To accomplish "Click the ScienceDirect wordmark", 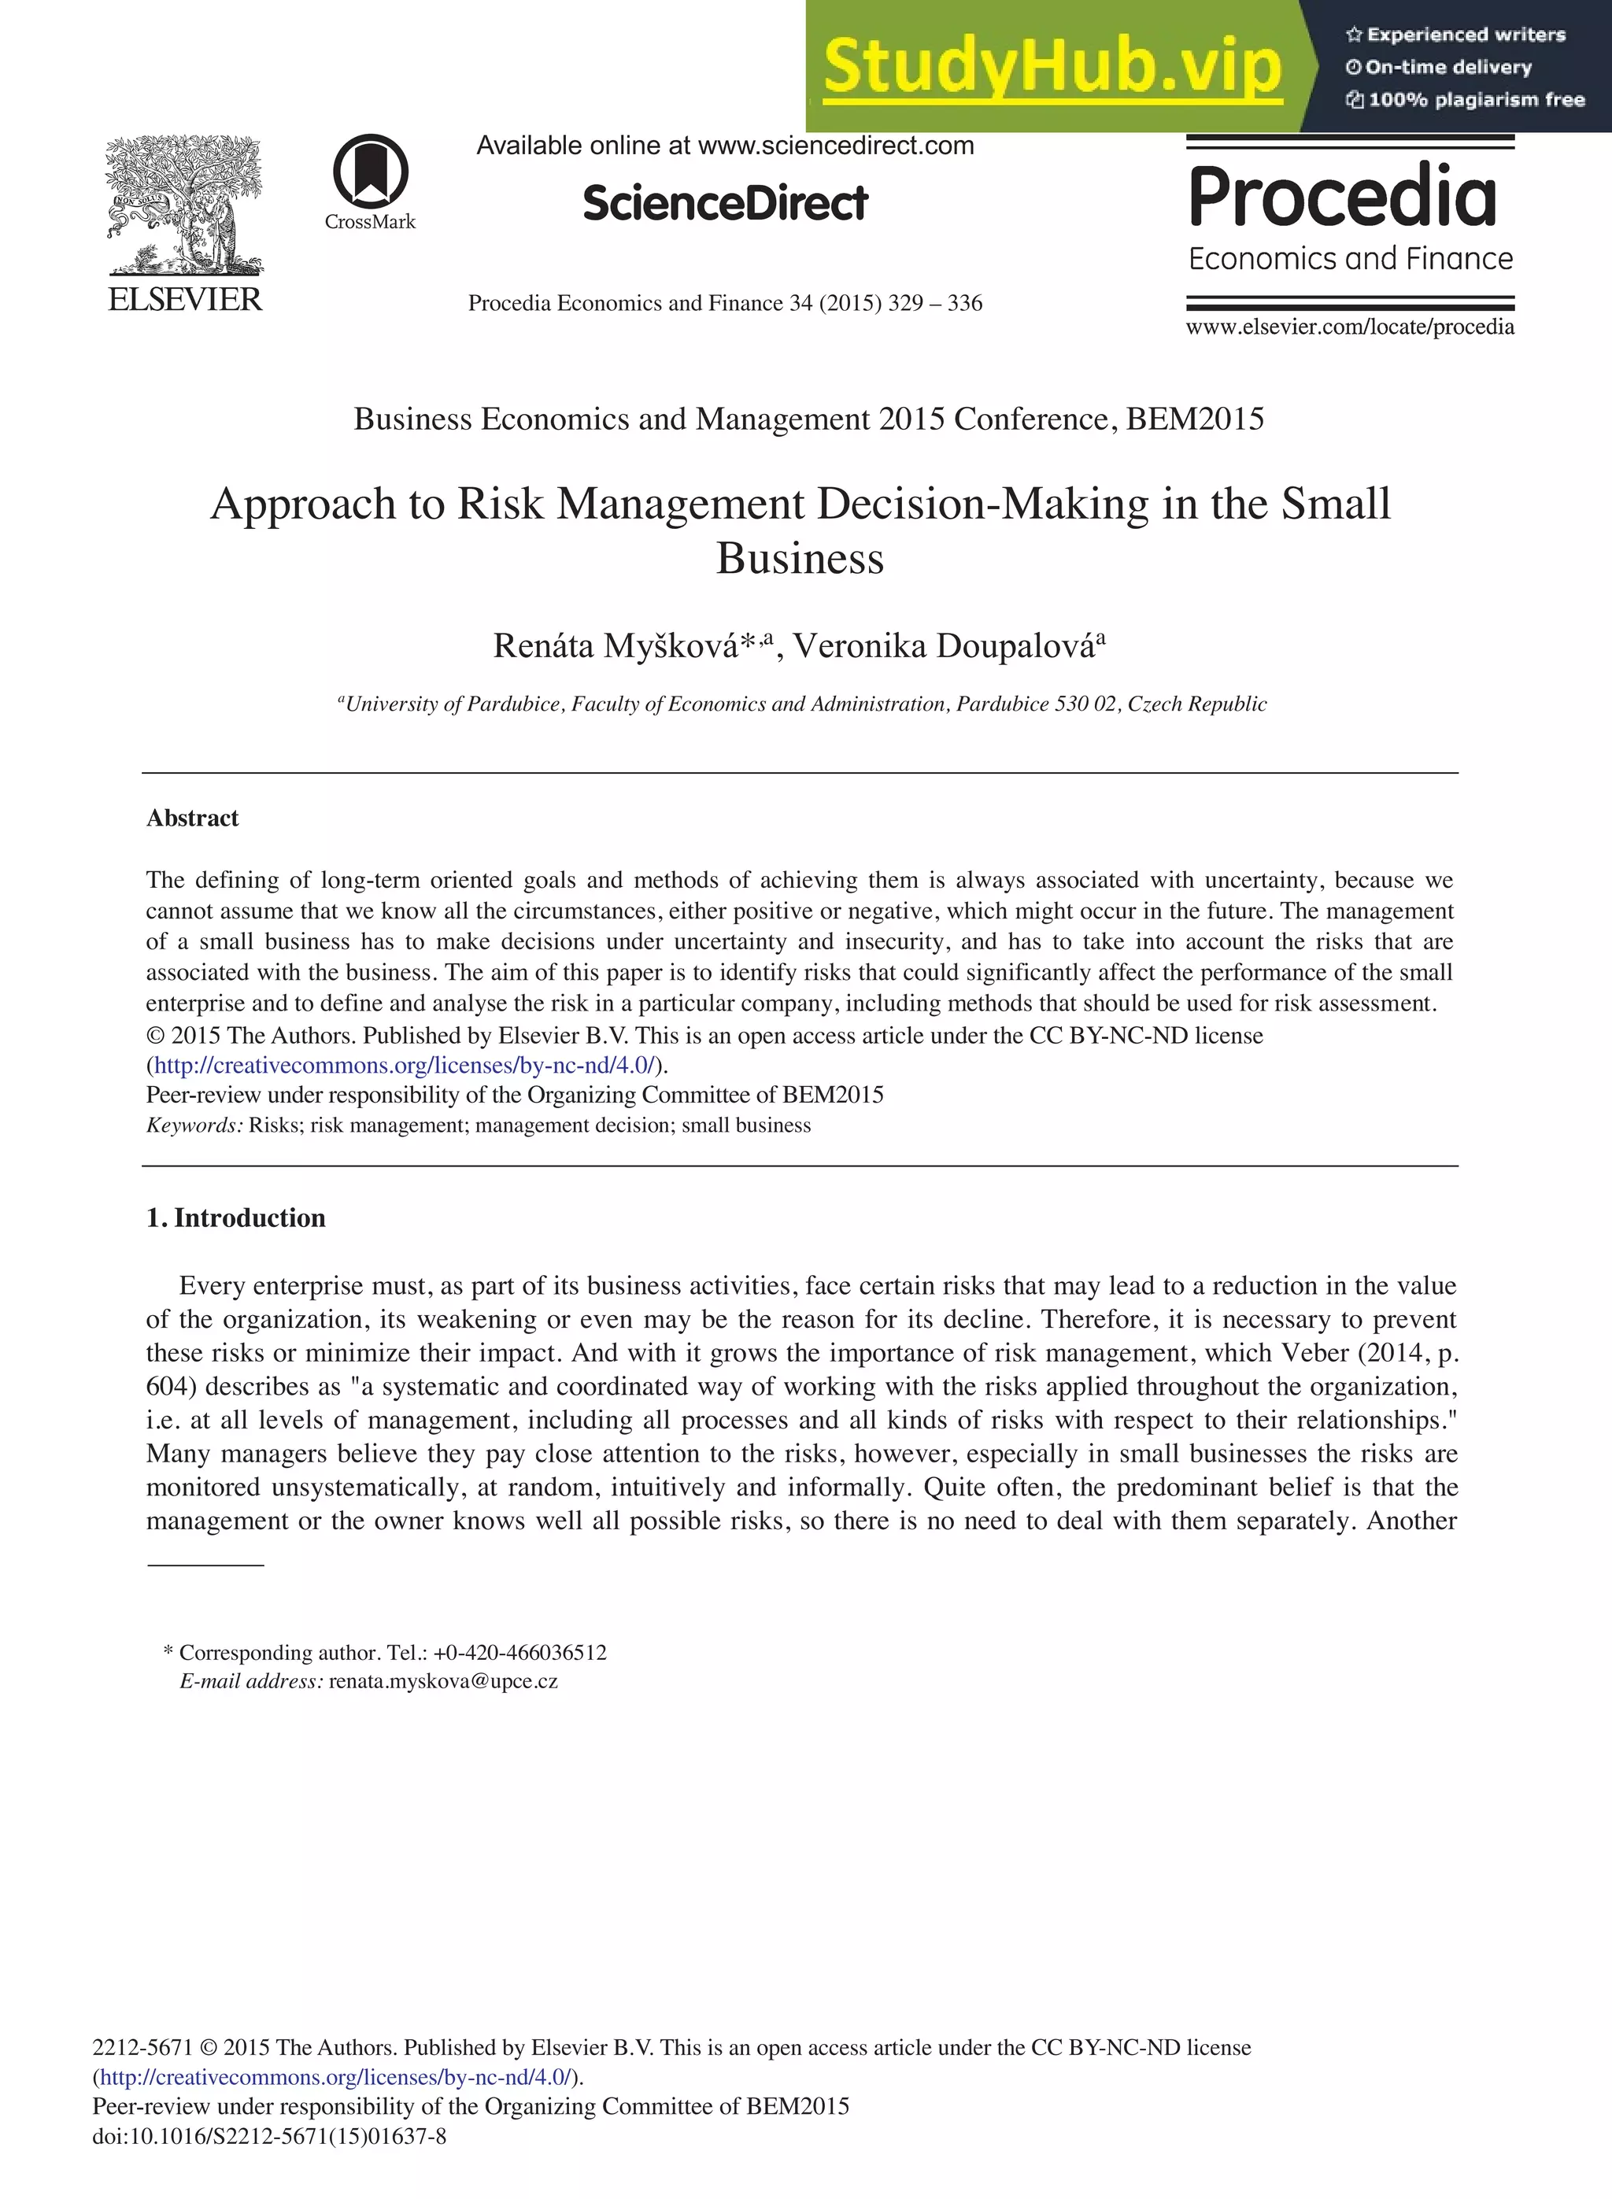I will (725, 203).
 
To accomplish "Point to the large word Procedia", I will (1343, 196).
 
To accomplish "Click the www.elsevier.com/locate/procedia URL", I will (1350, 327).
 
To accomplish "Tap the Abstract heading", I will (192, 818).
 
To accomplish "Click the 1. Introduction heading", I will (235, 1218).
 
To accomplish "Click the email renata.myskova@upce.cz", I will (443, 1681).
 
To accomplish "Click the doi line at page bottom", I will (269, 2135).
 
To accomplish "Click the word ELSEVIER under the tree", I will (184, 300).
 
